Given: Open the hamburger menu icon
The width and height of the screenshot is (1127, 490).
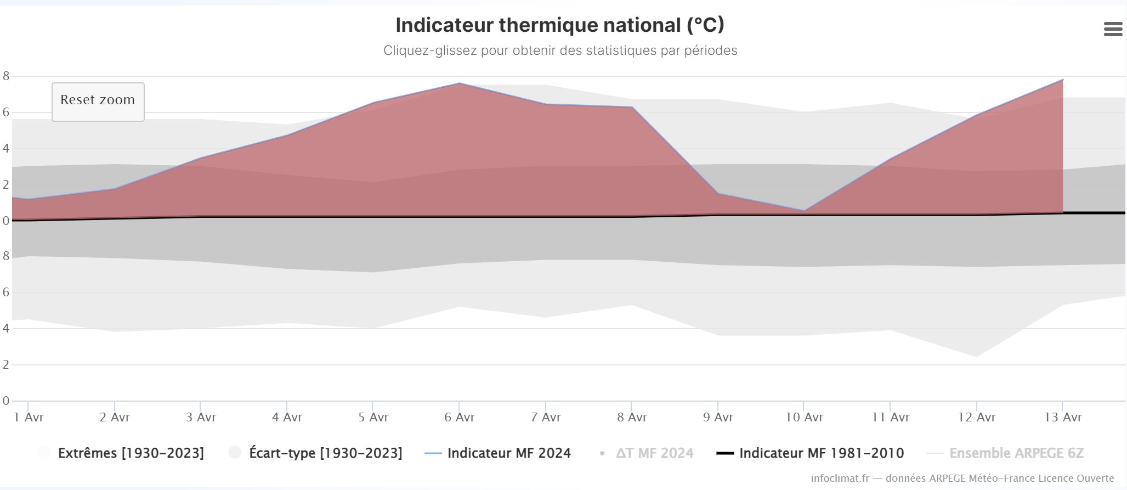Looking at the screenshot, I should [x=1113, y=29].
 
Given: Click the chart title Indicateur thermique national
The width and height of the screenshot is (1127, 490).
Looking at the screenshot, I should [x=559, y=25].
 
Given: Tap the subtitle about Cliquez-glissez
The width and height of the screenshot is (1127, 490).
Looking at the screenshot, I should [x=560, y=51].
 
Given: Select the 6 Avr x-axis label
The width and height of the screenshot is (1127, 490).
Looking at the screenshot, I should [x=459, y=418].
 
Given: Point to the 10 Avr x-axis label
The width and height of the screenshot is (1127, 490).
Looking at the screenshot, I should [x=804, y=418].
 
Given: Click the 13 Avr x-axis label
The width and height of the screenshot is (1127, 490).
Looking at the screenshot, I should [x=1063, y=418].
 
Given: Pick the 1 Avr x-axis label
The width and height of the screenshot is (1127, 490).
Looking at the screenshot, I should [x=29, y=418].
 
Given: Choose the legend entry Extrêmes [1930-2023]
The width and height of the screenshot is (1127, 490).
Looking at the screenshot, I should [x=131, y=453].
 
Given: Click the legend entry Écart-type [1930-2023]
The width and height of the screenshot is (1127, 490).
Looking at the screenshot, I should [x=325, y=453].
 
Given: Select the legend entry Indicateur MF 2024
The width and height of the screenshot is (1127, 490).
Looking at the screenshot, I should [x=508, y=453].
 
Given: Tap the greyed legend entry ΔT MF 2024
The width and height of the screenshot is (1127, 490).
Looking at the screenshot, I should [x=654, y=453].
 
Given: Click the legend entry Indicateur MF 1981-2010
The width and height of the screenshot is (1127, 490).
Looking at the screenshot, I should [x=821, y=453].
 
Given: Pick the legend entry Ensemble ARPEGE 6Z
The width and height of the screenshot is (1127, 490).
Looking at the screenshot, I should [x=1016, y=453].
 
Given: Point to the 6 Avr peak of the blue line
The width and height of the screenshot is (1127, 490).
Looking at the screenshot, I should [x=460, y=83].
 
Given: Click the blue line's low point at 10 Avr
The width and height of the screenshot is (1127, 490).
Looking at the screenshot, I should [x=804, y=211].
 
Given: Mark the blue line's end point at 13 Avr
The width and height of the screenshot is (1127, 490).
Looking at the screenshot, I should [x=1063, y=80].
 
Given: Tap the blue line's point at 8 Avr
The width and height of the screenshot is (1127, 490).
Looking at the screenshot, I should [x=632, y=108].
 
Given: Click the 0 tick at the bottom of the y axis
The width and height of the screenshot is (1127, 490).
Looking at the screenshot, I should [x=6, y=401].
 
